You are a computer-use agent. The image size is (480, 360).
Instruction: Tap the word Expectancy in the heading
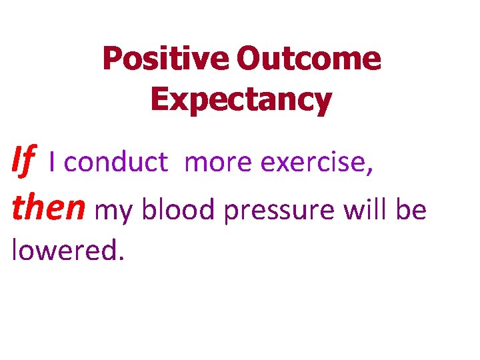pos(241,99)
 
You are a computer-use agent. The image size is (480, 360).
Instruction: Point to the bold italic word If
pos(23,162)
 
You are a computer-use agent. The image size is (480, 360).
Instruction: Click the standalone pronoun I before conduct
pos(53,163)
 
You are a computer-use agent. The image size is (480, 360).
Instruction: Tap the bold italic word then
pos(49,209)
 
